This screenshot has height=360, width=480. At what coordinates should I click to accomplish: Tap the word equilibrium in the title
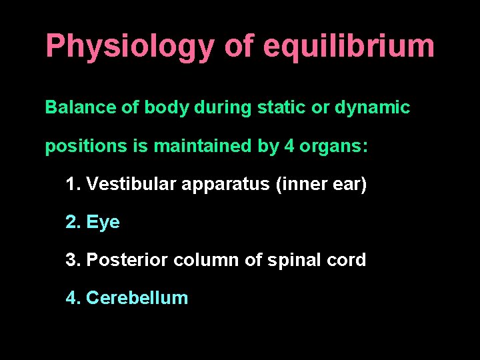[349, 47]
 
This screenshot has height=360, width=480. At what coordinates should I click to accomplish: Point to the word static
[276, 107]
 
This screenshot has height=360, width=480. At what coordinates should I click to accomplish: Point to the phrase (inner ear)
[321, 185]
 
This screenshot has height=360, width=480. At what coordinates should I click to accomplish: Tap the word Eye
[103, 223]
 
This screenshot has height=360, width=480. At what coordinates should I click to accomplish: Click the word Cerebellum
[137, 297]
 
